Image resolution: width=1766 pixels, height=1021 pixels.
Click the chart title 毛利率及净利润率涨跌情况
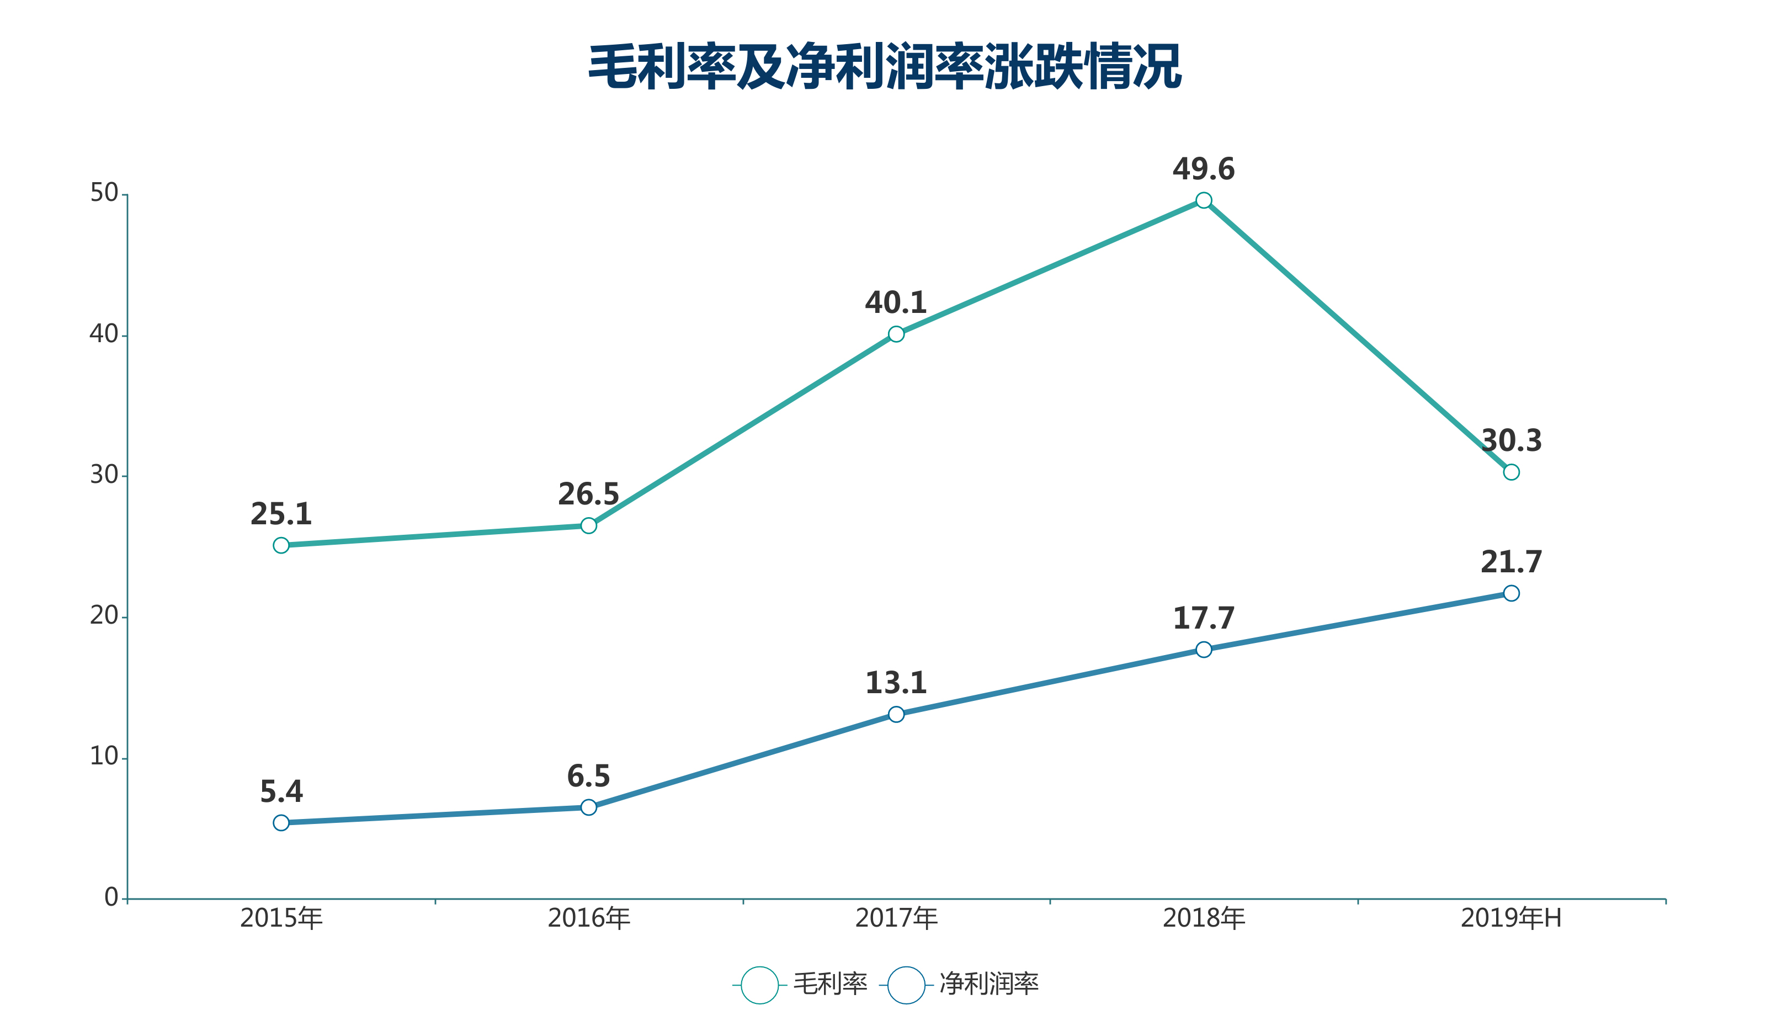point(885,67)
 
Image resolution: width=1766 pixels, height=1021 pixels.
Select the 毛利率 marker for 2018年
point(1203,200)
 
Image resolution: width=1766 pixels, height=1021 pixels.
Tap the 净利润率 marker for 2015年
point(281,823)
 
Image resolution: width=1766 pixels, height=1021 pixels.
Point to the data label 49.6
point(1203,169)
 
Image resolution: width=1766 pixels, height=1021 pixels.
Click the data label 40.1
point(896,303)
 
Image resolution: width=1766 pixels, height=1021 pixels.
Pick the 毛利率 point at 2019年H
point(1511,472)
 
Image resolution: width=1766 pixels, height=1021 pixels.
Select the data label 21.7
point(1511,562)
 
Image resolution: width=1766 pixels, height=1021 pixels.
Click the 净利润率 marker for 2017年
point(896,714)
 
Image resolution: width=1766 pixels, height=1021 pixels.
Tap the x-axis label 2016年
point(589,918)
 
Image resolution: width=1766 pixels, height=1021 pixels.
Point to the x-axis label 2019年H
point(1511,918)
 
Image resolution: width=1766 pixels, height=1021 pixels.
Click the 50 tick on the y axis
point(104,193)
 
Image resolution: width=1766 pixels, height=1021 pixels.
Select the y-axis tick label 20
point(104,615)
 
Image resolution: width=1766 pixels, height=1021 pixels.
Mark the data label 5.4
point(281,792)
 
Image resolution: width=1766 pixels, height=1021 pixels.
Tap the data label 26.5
point(589,494)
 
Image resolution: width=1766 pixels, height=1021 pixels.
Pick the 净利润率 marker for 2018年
point(1203,650)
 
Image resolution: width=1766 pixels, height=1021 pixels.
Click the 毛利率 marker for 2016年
point(589,525)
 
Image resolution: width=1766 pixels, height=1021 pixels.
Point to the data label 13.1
point(896,683)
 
